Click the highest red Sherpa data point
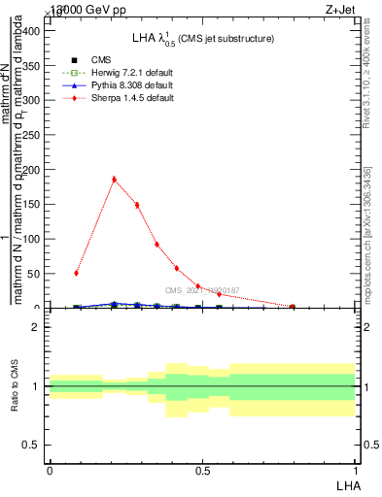click(115, 179)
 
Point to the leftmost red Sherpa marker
click(77, 273)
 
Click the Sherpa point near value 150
click(137, 205)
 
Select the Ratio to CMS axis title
click(15, 386)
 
